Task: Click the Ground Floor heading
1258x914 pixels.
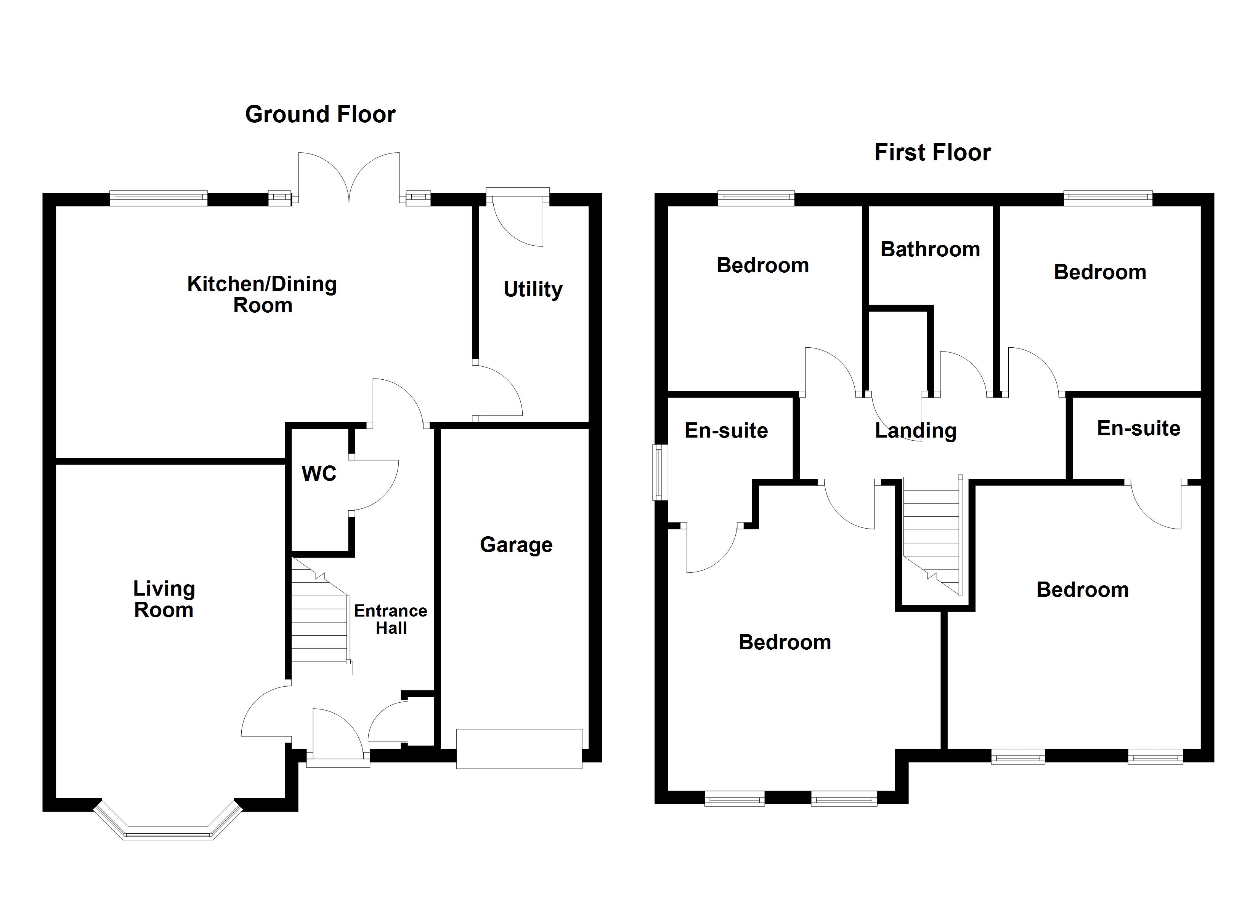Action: tap(320, 115)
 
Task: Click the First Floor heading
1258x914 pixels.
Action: tap(932, 152)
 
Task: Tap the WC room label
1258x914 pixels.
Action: tap(319, 474)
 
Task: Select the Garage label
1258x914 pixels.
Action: tap(516, 545)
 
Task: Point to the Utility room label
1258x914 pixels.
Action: tap(533, 289)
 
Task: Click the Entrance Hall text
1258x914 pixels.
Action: tap(390, 619)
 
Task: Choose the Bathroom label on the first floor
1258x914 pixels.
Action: tap(930, 249)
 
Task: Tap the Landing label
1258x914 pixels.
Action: tap(915, 431)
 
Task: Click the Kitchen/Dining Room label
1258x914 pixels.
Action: tap(262, 294)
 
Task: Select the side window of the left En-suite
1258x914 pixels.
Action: tap(660, 472)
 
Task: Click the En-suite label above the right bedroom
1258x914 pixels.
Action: tap(1138, 428)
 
